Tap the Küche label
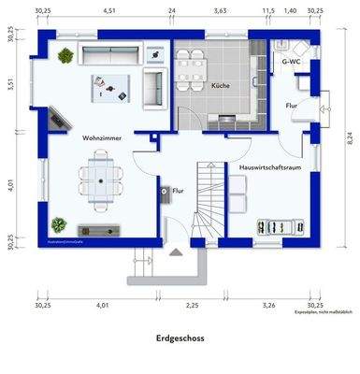[x=221, y=86]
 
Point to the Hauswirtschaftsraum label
[x=269, y=167]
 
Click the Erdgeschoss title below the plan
[x=180, y=339]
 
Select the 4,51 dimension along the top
[x=109, y=11]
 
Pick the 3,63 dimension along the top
[x=220, y=11]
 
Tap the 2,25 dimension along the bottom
[x=192, y=305]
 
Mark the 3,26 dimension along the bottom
[x=268, y=305]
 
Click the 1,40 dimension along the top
[x=290, y=11]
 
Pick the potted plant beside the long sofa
[x=65, y=56]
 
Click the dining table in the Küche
[x=192, y=64]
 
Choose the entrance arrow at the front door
[x=174, y=251]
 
